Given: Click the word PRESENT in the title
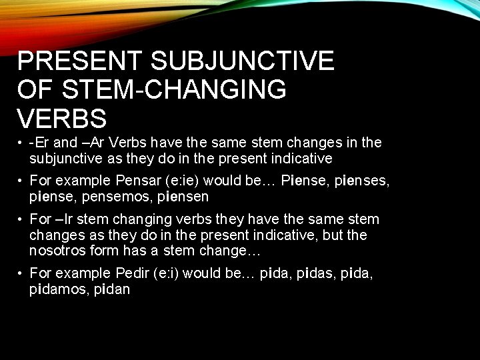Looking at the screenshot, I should tap(80, 61).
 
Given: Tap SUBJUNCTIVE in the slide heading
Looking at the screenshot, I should tap(242, 61).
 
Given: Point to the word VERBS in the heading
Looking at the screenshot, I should tap(62, 119).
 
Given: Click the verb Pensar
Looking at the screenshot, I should tap(137, 181).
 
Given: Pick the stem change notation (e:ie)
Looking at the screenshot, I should tap(184, 181).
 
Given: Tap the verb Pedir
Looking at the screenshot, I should tap(133, 273).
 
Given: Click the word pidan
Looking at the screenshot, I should tap(113, 289).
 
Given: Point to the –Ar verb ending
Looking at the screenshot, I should tap(93, 143).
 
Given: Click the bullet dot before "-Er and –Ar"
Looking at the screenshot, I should tap(22, 143).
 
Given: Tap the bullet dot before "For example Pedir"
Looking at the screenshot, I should tap(22, 274).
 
